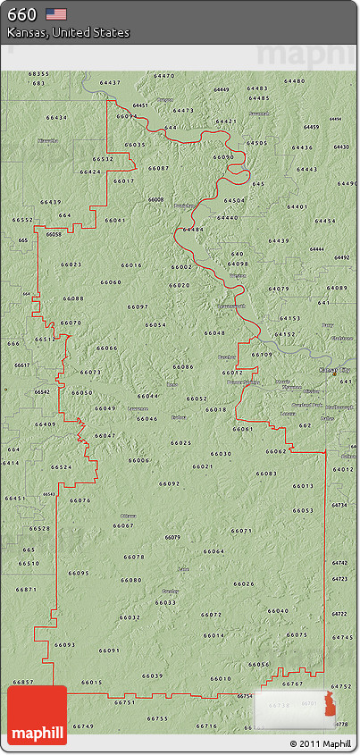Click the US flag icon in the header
[x=56, y=14]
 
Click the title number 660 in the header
[x=21, y=14]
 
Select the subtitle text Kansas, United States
[x=68, y=33]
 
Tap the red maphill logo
[x=37, y=715]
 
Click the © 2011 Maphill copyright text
[x=320, y=743]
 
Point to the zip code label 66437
[x=110, y=82]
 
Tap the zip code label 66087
[x=158, y=168]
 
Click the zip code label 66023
[x=71, y=264]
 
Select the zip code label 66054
[x=155, y=325]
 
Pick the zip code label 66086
[x=183, y=366]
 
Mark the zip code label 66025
[x=181, y=443]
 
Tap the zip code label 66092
[x=170, y=482]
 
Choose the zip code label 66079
[x=172, y=537]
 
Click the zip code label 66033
[x=165, y=602]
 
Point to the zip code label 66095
[x=79, y=573]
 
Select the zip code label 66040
[x=278, y=611]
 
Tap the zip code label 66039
[x=153, y=675]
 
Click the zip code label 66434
[x=55, y=118]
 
